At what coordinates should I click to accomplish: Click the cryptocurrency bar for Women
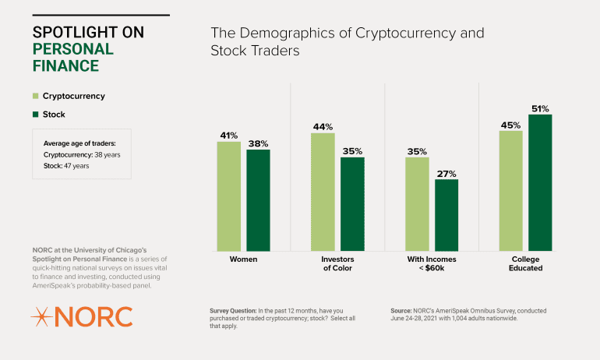pos(229,196)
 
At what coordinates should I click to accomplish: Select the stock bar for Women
pos(259,199)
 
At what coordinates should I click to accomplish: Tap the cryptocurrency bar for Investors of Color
pos(323,192)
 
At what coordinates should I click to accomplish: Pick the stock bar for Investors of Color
pos(352,203)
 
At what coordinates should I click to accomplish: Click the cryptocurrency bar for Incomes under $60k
pos(417,203)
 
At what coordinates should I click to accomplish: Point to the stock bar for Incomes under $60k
pos(446,214)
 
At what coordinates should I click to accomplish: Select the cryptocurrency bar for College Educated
pos(510,190)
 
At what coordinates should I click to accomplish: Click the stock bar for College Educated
pos(540,182)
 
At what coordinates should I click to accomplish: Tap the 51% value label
pos(540,108)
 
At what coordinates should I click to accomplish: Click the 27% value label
pos(446,174)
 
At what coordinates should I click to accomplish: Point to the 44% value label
pos(323,126)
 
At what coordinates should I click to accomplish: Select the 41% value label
pos(229,136)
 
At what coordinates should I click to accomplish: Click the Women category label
pos(244,259)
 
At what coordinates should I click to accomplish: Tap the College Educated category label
pos(525,264)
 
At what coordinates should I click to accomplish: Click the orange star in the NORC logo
pos(41,316)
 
